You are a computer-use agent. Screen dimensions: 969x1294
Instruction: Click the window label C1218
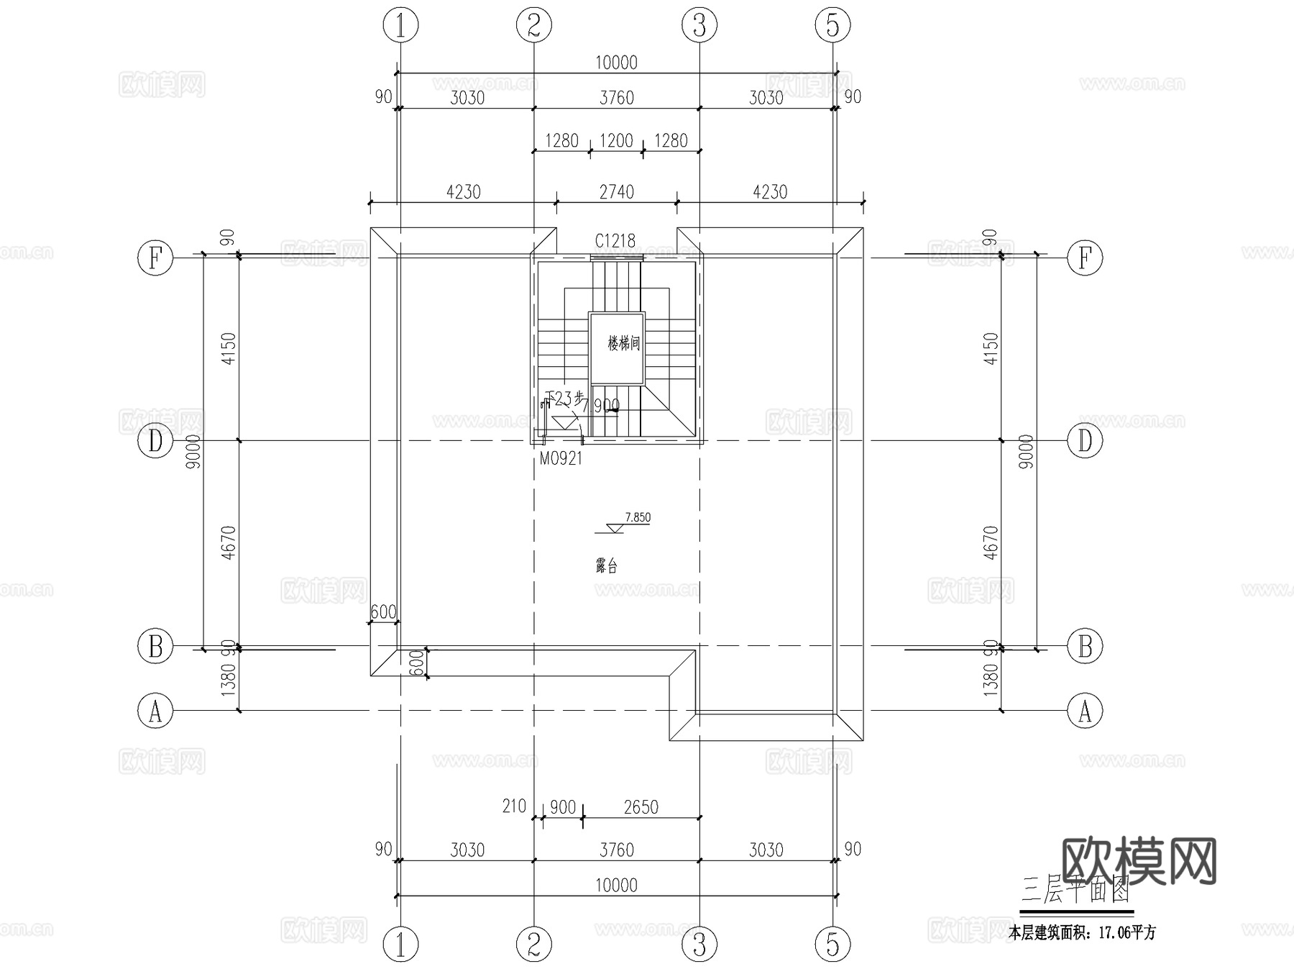coord(615,241)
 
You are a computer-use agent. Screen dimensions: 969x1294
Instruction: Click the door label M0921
coord(561,458)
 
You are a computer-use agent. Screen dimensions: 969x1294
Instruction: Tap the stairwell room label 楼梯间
coord(623,343)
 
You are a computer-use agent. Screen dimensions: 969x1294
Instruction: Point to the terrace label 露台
coord(607,566)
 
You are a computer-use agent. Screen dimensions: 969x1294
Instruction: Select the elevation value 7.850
coord(638,517)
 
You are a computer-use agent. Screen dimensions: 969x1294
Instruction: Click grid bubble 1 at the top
coord(401,26)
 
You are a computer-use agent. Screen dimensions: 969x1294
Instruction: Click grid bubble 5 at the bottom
coord(832,944)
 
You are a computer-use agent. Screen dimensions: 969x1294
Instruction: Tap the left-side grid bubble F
coord(155,257)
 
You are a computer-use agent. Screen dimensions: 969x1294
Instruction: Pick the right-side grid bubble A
coord(1085,711)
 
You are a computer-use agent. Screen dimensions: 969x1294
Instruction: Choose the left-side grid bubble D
coord(155,441)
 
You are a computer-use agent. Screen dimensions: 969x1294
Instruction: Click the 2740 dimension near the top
coord(617,192)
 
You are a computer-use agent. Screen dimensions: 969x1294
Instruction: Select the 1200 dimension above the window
coord(616,140)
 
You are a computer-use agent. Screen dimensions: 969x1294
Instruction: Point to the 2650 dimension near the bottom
coord(641,807)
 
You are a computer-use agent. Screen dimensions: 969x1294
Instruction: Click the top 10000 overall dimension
coord(616,63)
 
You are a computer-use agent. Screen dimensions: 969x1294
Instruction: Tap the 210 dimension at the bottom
coord(514,806)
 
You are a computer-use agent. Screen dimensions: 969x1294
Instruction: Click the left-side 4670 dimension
coord(229,543)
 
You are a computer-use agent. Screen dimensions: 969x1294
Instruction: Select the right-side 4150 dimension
coord(991,348)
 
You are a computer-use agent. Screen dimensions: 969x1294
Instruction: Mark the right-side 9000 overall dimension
coord(1027,452)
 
